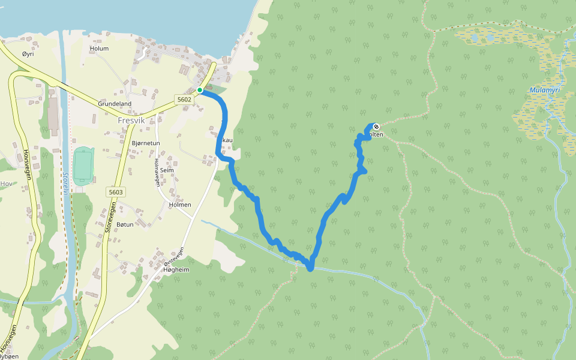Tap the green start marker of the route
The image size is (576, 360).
coord(200,91)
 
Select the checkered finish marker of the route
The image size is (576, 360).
coord(376,127)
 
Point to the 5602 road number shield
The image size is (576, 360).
coord(184,100)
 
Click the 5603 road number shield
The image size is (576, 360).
coord(116,192)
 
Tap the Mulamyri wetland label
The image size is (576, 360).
coord(545,91)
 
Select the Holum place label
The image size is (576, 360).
coord(99,49)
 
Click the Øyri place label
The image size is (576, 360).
coord(28,54)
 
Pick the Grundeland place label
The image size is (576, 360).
coord(115,104)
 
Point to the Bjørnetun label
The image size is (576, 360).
coord(146,143)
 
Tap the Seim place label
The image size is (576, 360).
coord(167,170)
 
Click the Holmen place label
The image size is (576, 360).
coord(180,205)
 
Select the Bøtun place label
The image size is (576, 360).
coord(125,224)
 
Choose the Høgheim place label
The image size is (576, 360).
coord(176,270)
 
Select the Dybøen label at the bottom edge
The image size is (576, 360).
coord(8,356)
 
